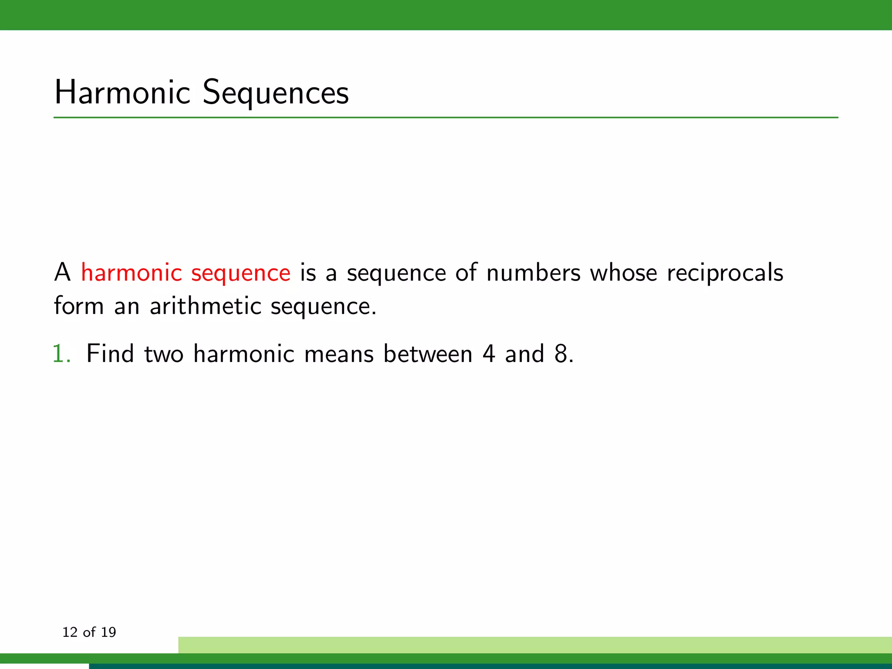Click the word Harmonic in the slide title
click(x=122, y=92)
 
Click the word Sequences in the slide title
click(x=276, y=93)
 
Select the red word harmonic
click(x=131, y=273)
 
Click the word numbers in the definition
click(x=533, y=273)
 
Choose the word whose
click(x=623, y=273)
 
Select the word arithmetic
click(x=205, y=306)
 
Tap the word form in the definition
click(x=79, y=306)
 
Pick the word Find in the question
click(x=110, y=353)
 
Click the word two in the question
click(x=164, y=354)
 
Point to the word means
click(x=339, y=354)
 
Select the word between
click(x=428, y=353)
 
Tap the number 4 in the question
click(x=489, y=353)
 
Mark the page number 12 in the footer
click(x=70, y=632)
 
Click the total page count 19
click(x=108, y=632)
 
